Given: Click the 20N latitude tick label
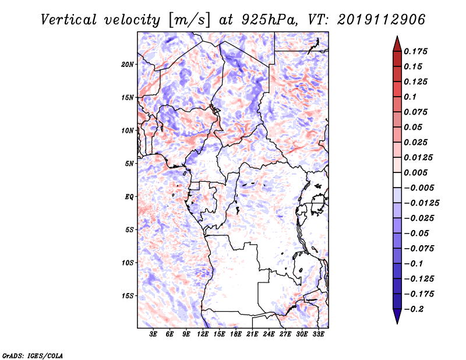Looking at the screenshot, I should [128, 64].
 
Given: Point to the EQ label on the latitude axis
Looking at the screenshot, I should [129, 196].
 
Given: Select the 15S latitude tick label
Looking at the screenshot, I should [128, 295].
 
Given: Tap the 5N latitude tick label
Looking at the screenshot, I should [129, 163].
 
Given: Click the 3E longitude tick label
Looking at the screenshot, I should [154, 335].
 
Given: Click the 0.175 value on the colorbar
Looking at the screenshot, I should [417, 51].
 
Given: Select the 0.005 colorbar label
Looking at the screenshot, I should [417, 172].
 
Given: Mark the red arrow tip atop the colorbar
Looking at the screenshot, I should [397, 39].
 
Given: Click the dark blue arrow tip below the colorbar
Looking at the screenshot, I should [397, 321].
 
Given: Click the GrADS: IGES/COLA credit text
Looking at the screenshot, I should [25, 355].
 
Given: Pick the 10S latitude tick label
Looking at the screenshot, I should [128, 262].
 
